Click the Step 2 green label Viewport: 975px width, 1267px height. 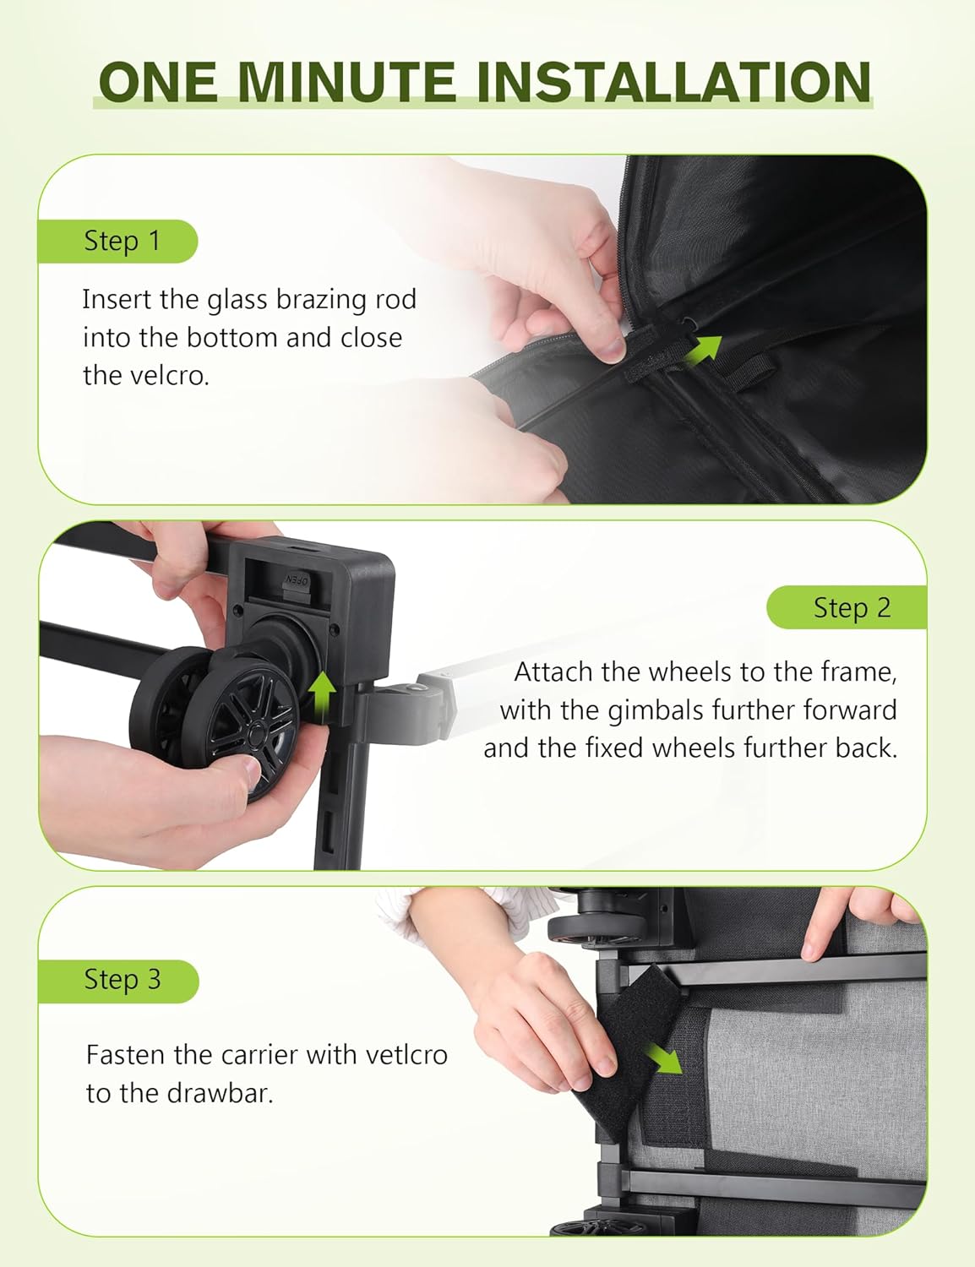click(851, 607)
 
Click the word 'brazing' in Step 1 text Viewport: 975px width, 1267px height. click(319, 300)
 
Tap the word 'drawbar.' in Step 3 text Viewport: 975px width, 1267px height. click(220, 1093)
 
